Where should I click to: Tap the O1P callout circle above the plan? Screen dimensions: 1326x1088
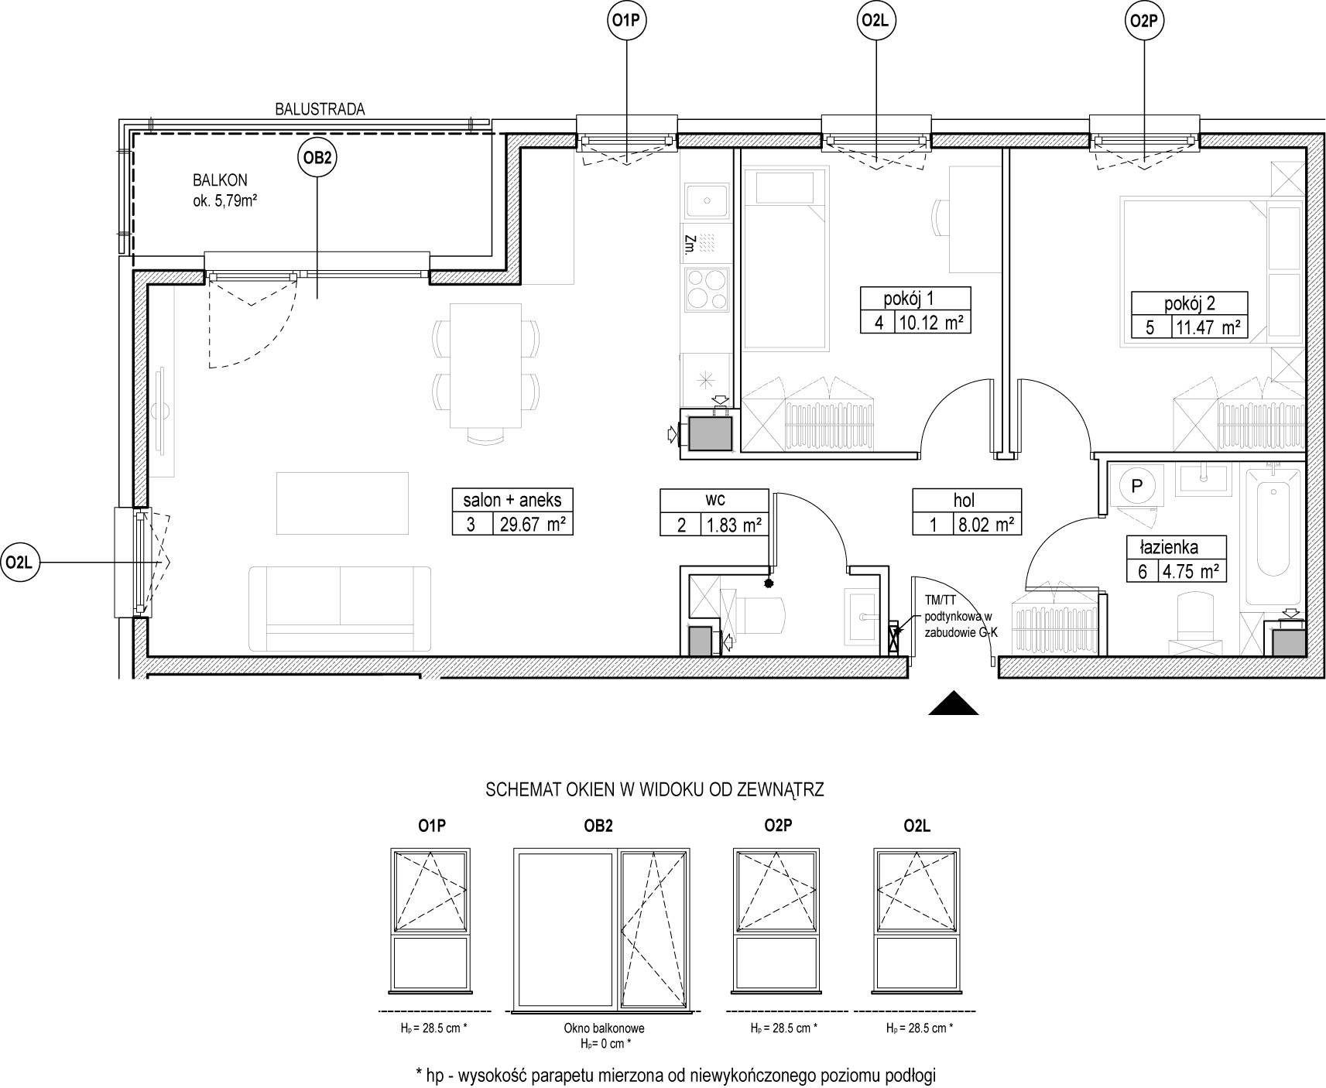tap(625, 22)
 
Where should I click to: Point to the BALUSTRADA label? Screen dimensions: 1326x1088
tap(320, 109)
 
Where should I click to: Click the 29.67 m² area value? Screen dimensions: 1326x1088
tap(534, 525)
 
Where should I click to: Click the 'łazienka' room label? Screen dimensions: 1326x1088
tap(1169, 547)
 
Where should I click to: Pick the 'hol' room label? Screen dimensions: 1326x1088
tap(965, 501)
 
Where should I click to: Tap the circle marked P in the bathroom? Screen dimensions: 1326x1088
tap(1137, 486)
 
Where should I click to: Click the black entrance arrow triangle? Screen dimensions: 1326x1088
tap(954, 702)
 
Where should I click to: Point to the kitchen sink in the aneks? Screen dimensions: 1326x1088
tap(706, 201)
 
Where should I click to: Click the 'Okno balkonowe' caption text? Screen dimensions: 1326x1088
tap(604, 1028)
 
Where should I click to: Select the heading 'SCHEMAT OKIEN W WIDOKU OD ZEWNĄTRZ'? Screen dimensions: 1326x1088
tap(654, 790)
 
